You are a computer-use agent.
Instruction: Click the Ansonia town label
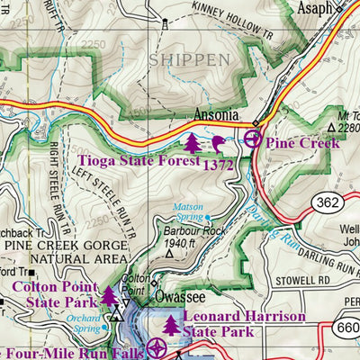coord(217,116)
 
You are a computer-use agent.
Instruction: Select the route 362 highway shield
coord(328,202)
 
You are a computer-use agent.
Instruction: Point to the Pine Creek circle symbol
coord(253,139)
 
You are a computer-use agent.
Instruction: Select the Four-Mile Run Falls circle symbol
coord(157,347)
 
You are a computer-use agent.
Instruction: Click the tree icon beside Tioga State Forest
coord(193,142)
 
